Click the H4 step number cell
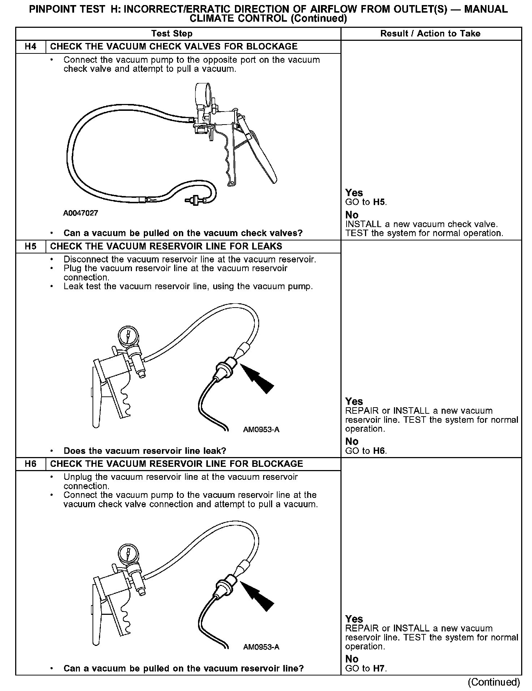(x=31, y=47)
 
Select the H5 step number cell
(x=31, y=247)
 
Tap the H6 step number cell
(x=31, y=464)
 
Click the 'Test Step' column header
(x=172, y=34)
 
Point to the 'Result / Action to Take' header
(x=430, y=34)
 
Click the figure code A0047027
(x=81, y=213)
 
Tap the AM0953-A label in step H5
(x=261, y=430)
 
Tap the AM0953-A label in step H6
(x=261, y=647)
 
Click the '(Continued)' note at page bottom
(x=494, y=682)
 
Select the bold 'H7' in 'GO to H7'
(x=379, y=668)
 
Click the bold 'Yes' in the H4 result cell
(x=354, y=193)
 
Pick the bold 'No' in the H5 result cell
(x=352, y=441)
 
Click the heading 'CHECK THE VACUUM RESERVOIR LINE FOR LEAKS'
(x=166, y=247)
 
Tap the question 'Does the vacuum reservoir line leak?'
(x=145, y=451)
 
